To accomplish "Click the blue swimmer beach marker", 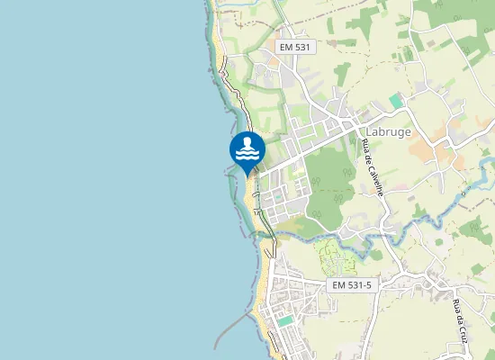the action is (x=247, y=151).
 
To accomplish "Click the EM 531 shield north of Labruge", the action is (x=296, y=47).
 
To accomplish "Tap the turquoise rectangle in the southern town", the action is (x=285, y=320).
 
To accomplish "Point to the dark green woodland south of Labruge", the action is (x=329, y=184).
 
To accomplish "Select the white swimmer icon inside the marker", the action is (x=247, y=149).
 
